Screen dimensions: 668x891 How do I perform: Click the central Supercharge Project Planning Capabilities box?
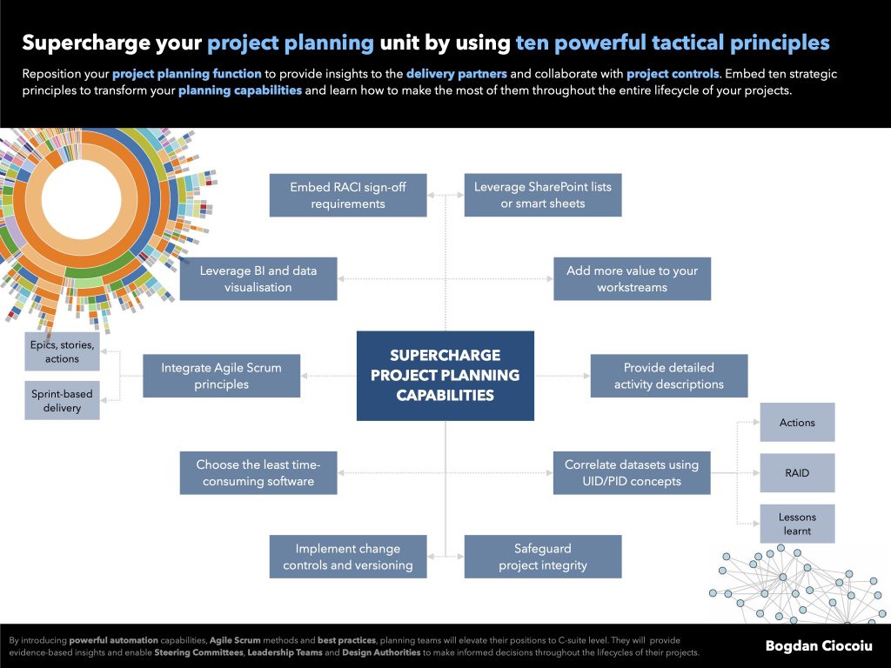point(445,376)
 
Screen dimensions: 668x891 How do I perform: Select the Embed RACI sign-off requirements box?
point(348,195)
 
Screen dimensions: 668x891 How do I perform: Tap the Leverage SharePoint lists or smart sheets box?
point(543,195)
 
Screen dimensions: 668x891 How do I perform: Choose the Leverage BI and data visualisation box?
point(258,278)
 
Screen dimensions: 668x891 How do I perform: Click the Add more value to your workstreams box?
point(632,278)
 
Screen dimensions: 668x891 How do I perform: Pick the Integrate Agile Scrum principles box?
point(221,376)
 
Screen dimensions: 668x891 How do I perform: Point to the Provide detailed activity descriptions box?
point(668,376)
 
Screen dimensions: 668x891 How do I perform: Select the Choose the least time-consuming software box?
point(258,472)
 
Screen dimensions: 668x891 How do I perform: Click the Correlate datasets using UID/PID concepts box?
point(632,472)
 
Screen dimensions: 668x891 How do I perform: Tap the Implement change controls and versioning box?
point(348,557)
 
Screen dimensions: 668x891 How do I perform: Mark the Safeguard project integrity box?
point(543,557)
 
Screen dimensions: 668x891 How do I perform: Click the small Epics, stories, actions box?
point(62,351)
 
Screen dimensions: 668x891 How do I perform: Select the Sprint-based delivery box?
point(62,401)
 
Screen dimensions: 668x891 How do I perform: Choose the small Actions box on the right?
point(797,423)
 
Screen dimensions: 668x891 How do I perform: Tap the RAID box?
point(797,473)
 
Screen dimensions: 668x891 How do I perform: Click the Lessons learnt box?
point(797,524)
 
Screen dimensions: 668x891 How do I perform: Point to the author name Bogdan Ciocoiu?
point(819,645)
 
